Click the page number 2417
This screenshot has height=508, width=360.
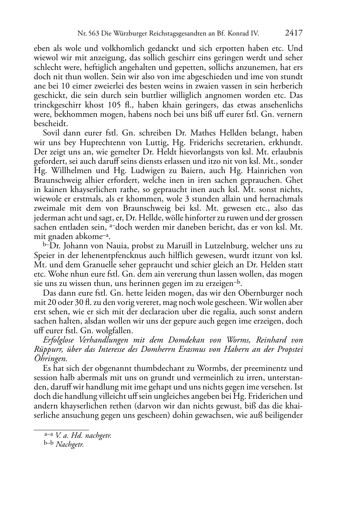click(294, 33)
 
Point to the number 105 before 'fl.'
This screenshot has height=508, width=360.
click(114, 105)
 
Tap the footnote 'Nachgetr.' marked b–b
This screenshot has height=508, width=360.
click(70, 445)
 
